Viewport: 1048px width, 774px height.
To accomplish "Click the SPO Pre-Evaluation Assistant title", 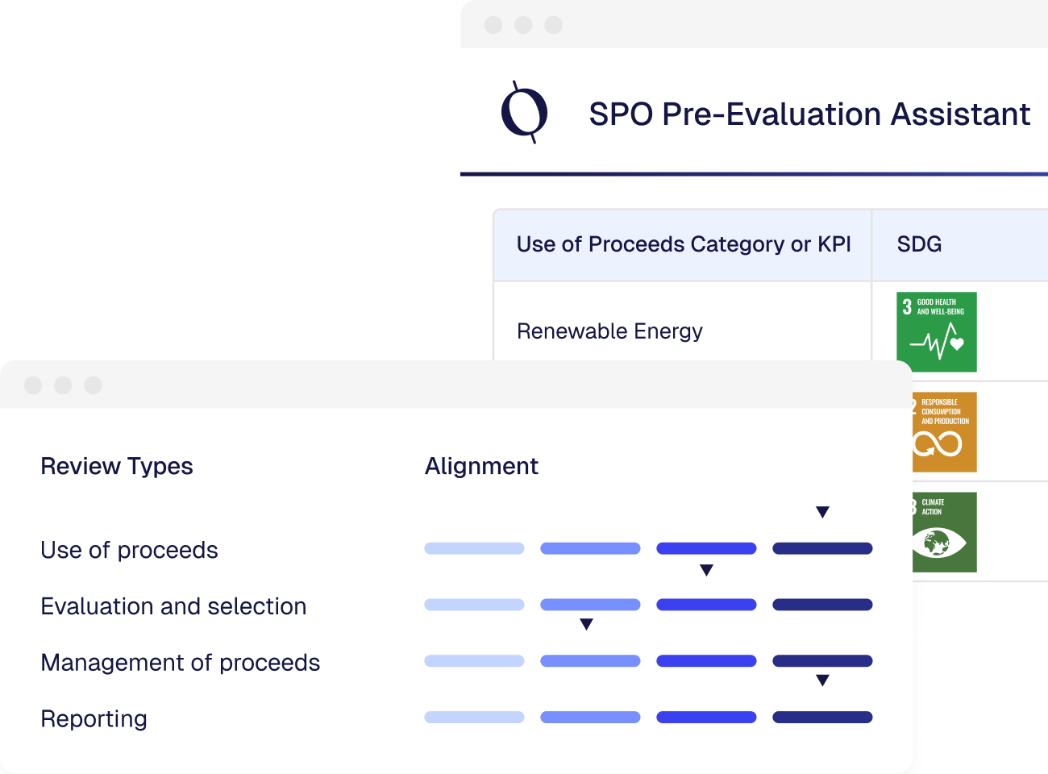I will click(x=809, y=114).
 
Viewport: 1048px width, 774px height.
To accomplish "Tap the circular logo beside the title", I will click(x=525, y=112).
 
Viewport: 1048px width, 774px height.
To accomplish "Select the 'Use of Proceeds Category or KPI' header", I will click(x=683, y=244).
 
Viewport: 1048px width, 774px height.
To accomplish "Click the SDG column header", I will click(x=919, y=244).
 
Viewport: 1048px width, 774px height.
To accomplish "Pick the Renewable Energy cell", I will click(x=609, y=331).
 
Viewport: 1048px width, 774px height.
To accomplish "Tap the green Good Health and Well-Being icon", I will click(x=936, y=331).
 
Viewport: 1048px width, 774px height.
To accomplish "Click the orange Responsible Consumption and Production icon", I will click(x=944, y=432).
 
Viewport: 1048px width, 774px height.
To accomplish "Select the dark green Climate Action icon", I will click(x=944, y=532).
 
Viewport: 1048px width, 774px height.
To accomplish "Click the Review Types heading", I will click(x=117, y=466).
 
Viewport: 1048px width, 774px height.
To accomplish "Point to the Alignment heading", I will click(x=481, y=466).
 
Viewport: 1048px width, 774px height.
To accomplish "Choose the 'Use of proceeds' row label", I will click(x=129, y=550).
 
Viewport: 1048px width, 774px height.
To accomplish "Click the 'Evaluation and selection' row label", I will click(x=173, y=606).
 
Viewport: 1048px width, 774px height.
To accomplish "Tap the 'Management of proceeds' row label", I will click(x=180, y=663).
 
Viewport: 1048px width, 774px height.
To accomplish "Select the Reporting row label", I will click(x=94, y=718).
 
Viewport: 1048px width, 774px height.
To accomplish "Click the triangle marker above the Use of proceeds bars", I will click(x=822, y=512).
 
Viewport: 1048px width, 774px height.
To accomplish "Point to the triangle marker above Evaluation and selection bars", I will click(x=706, y=570).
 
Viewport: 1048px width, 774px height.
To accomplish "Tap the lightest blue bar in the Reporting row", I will click(x=474, y=717).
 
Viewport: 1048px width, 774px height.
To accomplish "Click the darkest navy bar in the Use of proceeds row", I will click(x=822, y=548).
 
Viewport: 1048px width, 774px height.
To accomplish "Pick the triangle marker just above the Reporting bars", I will click(x=822, y=680).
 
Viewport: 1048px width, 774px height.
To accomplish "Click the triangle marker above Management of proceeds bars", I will click(x=587, y=624).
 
